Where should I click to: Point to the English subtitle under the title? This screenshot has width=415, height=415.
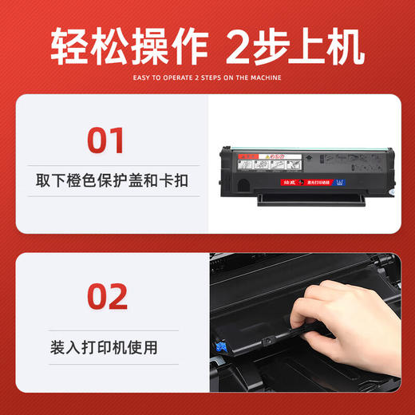[207, 78]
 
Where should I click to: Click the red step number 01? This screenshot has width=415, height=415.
[106, 140]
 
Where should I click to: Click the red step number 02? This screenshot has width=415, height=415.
[106, 297]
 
